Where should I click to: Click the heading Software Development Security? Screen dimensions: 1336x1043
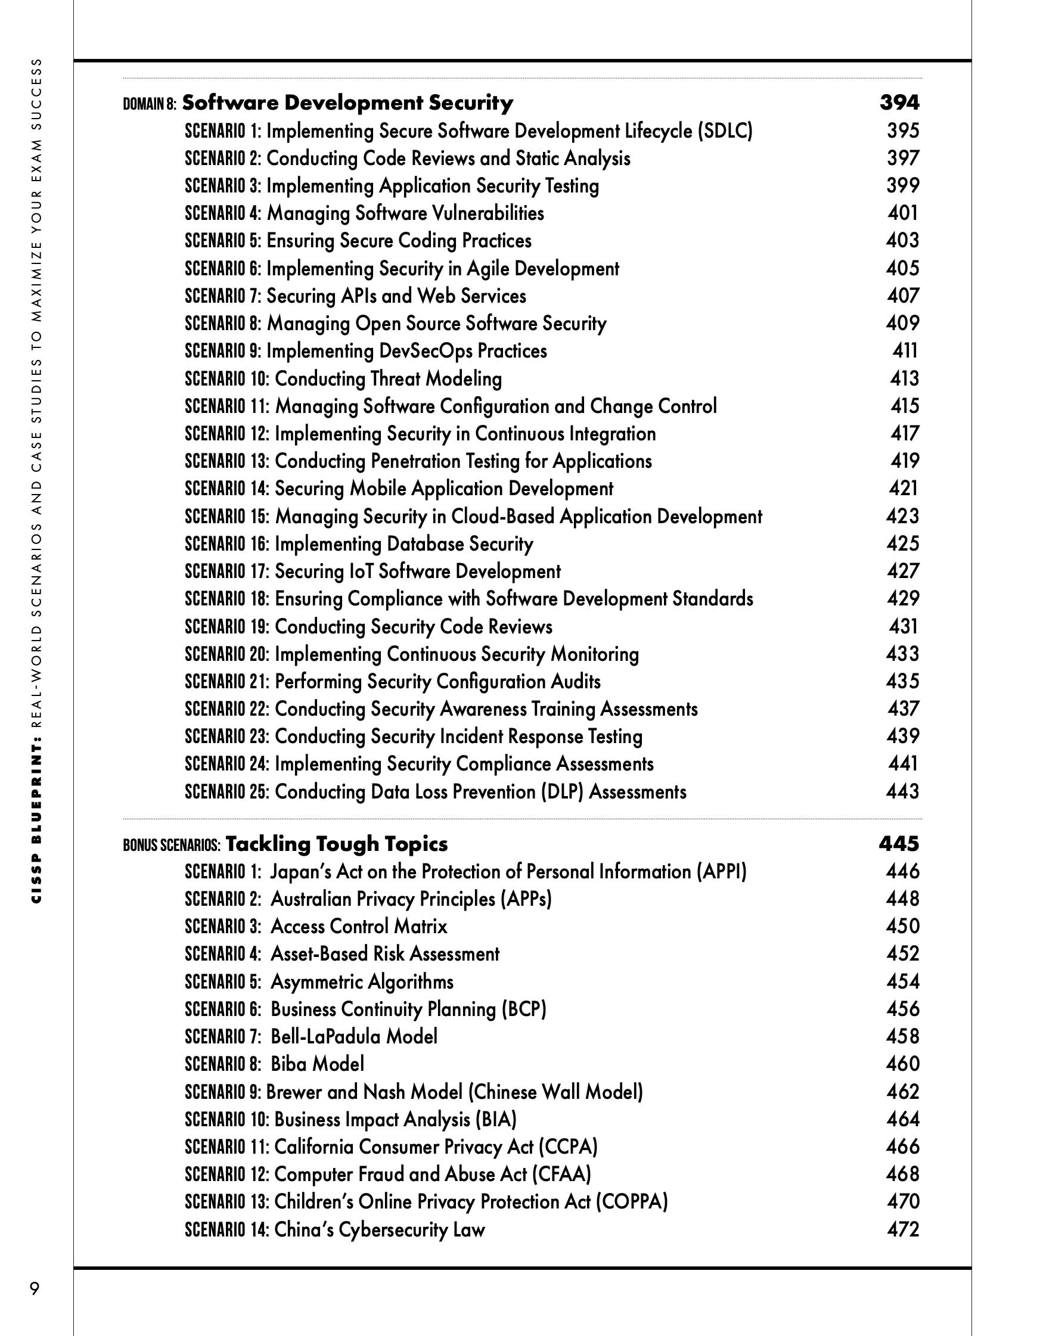347,102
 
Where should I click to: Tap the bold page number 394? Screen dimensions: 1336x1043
899,102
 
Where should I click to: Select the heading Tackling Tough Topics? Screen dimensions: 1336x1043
337,844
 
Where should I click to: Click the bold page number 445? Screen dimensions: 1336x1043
899,844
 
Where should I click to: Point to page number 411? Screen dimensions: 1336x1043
905,350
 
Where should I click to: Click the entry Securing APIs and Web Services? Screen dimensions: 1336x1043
396,296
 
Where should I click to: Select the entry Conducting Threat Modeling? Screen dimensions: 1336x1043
388,378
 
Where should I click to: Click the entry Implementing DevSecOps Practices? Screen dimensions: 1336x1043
406,351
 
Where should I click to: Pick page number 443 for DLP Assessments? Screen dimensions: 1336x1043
902,791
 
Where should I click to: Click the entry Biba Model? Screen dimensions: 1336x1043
317,1064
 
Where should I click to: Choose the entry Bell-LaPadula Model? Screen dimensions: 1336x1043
353,1036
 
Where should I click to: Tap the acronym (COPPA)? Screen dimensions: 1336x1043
632,1201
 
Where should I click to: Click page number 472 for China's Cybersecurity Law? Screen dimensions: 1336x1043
903,1229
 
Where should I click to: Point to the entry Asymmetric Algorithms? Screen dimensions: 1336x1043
362,981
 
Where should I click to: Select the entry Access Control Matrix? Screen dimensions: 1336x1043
358,926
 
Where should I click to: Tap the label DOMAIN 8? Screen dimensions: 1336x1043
150,104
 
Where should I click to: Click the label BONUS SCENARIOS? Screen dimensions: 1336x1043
171,846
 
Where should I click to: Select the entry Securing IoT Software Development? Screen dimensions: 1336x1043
417,571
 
